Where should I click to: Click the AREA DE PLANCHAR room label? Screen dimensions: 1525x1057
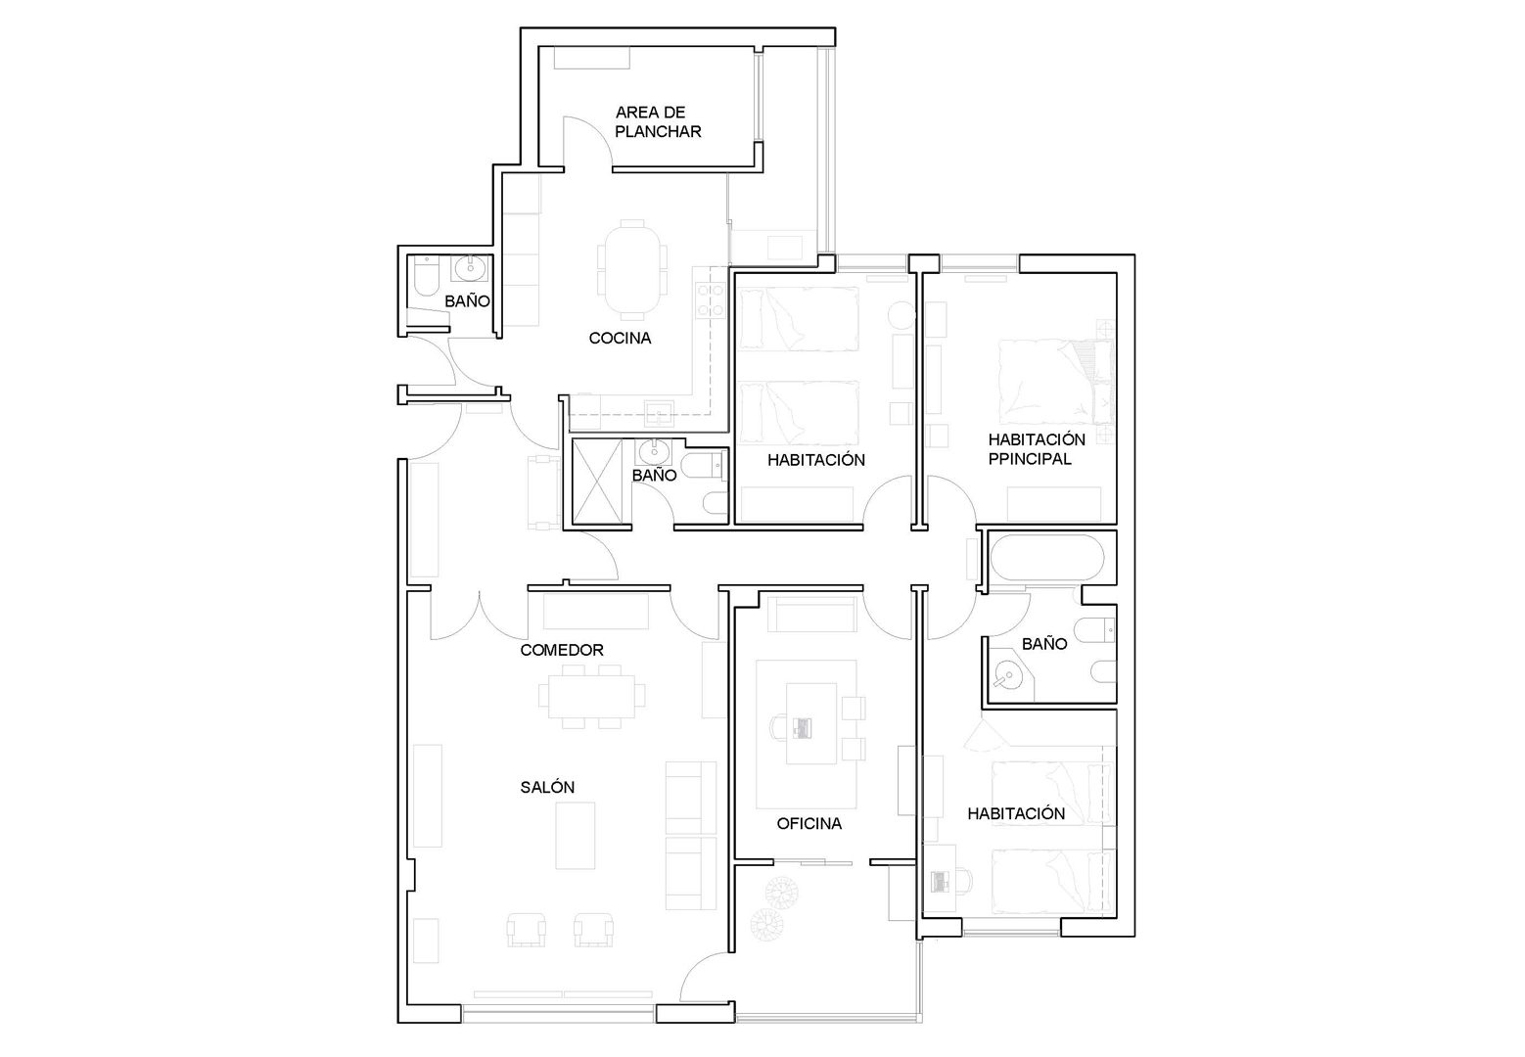(x=658, y=121)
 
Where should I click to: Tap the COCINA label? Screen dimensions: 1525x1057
(x=620, y=338)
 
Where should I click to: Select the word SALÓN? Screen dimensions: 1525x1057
(x=547, y=787)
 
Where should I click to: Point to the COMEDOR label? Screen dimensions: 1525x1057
(x=562, y=650)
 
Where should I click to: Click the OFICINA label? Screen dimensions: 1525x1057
(x=809, y=823)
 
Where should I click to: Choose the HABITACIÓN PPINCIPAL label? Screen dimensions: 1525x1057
(x=1037, y=449)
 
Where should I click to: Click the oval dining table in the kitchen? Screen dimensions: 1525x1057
(x=632, y=269)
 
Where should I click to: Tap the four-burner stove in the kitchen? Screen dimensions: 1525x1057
(x=710, y=300)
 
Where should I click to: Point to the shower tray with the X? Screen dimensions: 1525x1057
(x=597, y=482)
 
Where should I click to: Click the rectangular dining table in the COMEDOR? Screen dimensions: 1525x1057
(x=591, y=696)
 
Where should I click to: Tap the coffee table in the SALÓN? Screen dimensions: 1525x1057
(x=576, y=835)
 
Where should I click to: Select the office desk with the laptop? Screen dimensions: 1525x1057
(x=811, y=723)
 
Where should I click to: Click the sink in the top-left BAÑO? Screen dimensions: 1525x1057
(x=470, y=268)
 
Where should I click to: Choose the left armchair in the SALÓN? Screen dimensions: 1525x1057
(x=527, y=930)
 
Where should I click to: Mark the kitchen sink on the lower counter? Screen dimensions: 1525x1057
(x=659, y=413)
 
